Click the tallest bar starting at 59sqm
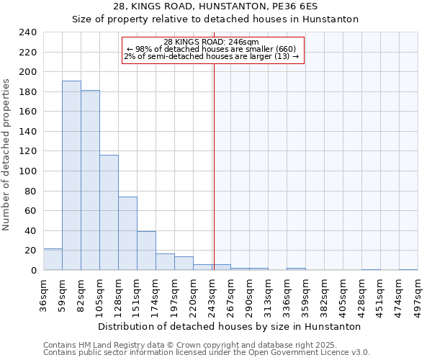pyautogui.click(x=71, y=176)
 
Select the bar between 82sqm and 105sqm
pyautogui.click(x=90, y=180)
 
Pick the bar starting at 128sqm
pyautogui.click(x=127, y=233)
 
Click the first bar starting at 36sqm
pyautogui.click(x=53, y=259)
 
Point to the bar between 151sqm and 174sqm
pyautogui.click(x=146, y=251)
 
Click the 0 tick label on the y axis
pyautogui.click(x=33, y=270)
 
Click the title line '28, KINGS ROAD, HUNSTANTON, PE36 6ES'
pyautogui.click(x=215, y=6)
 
